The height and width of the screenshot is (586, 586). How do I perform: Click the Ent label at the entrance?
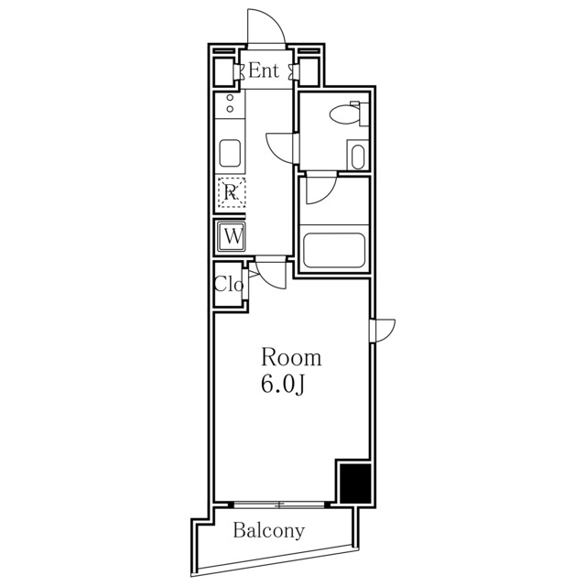click(264, 71)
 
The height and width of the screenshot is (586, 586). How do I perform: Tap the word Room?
click(291, 357)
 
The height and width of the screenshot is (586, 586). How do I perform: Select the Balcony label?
click(268, 531)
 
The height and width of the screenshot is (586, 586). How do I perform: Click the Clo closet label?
click(229, 285)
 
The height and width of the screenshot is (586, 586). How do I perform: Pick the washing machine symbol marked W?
click(232, 236)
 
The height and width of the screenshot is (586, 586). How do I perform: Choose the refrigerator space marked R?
click(232, 192)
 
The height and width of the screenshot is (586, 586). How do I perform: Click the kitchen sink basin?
click(230, 153)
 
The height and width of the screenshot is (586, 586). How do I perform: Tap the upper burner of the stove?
click(230, 98)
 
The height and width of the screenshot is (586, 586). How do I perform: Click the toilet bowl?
click(344, 114)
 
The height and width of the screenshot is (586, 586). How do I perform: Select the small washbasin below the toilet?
click(358, 157)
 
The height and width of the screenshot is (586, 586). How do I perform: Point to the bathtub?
click(334, 250)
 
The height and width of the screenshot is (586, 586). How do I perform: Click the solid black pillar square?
click(355, 483)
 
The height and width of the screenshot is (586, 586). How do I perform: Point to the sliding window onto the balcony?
click(279, 505)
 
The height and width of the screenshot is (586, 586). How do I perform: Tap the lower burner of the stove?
click(230, 109)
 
